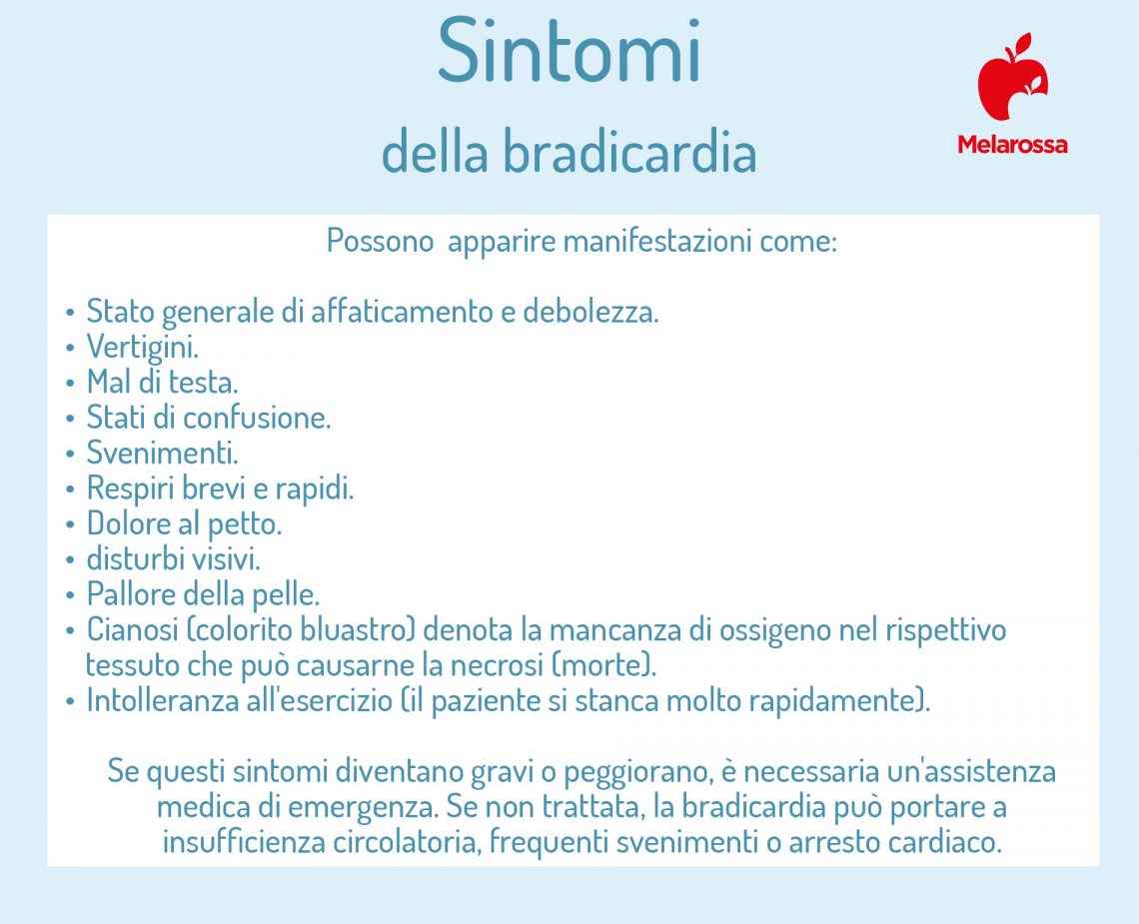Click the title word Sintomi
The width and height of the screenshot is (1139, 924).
point(569,52)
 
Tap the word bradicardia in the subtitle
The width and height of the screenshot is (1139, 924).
point(628,153)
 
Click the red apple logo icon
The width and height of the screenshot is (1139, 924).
point(1011,78)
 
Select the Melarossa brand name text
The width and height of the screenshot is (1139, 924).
point(1012,145)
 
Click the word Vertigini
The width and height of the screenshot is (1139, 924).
point(142,348)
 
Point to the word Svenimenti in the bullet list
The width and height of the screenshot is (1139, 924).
point(162,453)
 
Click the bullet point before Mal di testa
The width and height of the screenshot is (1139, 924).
point(70,384)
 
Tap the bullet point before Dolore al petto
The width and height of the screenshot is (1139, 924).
point(70,524)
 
